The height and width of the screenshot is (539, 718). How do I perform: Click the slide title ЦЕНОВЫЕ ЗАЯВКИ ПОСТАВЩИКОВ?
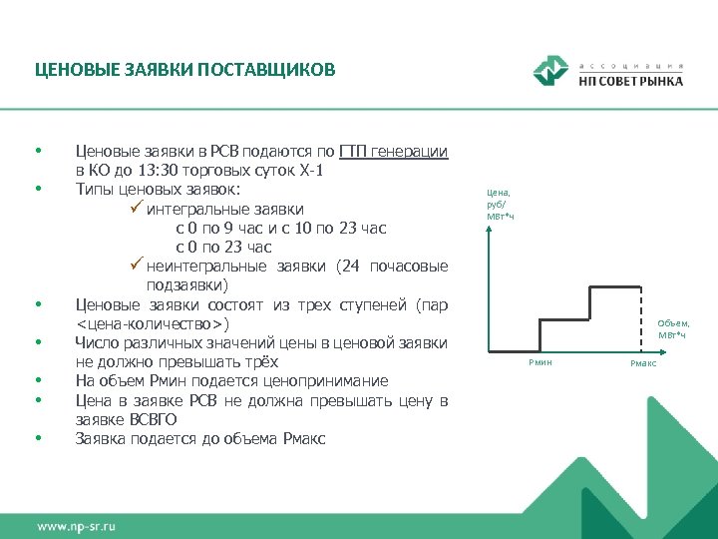(185, 70)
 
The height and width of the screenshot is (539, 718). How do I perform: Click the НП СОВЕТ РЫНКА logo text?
(630, 81)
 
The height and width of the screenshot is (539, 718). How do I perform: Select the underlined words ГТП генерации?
(393, 152)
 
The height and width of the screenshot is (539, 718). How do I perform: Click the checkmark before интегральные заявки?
(137, 209)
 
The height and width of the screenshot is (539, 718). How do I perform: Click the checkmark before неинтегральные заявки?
(137, 267)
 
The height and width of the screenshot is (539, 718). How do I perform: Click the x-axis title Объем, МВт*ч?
(673, 328)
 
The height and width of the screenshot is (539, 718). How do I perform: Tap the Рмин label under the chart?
(539, 362)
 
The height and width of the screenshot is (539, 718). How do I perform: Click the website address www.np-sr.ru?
(79, 525)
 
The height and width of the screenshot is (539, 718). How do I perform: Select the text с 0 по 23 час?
(223, 248)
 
